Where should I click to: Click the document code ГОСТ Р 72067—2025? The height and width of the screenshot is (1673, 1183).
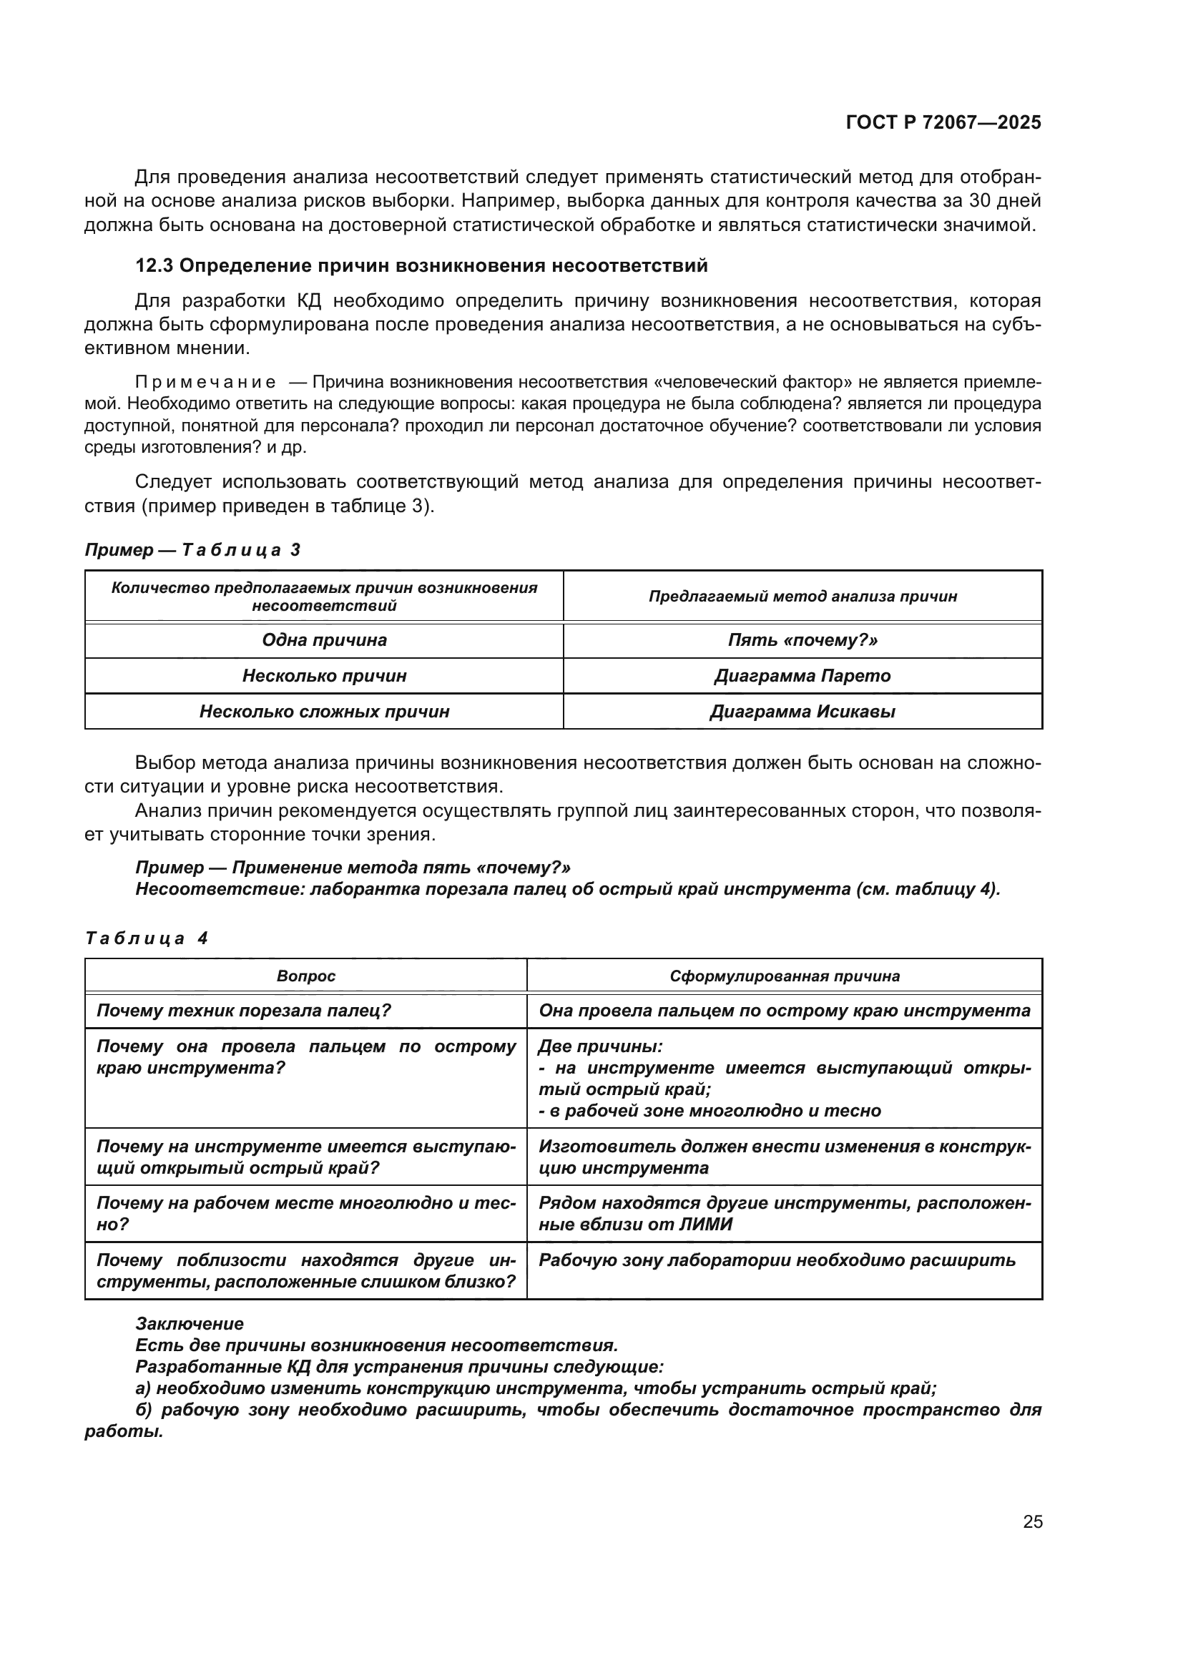tap(943, 123)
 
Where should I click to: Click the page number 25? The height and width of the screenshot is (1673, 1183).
tap(1033, 1522)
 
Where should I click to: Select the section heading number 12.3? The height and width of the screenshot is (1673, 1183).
tap(154, 266)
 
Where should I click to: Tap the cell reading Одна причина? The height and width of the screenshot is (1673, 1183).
tap(324, 640)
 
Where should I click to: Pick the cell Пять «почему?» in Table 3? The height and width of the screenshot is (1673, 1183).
tap(802, 640)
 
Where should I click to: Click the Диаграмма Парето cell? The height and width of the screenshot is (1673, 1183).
tap(802, 676)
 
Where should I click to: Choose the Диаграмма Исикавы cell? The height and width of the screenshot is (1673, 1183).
tap(802, 712)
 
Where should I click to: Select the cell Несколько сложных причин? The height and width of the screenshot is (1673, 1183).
tap(324, 712)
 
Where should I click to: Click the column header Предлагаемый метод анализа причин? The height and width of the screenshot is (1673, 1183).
tap(802, 597)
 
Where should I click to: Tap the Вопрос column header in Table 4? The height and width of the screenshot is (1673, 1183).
tap(306, 976)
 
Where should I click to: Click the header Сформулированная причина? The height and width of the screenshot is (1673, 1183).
tap(785, 976)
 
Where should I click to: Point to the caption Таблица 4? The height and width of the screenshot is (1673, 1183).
tap(147, 938)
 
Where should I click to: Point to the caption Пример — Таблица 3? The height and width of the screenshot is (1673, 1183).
tap(192, 550)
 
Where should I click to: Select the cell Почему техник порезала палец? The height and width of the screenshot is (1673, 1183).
tap(244, 1011)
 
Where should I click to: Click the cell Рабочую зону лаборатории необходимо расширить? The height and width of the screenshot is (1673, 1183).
tap(777, 1260)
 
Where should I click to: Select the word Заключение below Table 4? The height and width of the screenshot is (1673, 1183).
tap(190, 1324)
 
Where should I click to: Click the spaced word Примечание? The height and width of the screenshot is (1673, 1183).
tap(205, 383)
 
